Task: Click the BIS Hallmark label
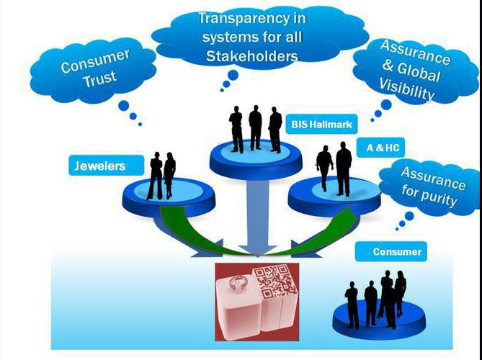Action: coord(321,125)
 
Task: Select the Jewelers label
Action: coord(99,166)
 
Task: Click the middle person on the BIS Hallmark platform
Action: coord(255,127)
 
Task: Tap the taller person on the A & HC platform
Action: coord(343,168)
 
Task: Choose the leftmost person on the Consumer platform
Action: coord(352,303)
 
